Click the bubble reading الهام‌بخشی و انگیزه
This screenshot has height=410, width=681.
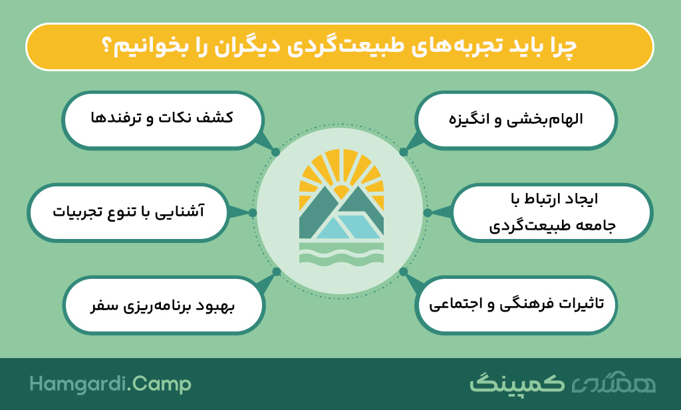tap(515, 120)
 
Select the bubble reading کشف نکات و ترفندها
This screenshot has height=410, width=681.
tap(162, 120)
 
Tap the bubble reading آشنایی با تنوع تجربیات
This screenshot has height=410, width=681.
tap(128, 212)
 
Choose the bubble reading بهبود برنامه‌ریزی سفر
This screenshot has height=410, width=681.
tap(164, 306)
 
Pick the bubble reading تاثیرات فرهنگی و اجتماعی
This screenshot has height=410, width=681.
tap(515, 306)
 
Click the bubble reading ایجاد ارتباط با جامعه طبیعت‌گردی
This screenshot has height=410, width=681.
tap(551, 212)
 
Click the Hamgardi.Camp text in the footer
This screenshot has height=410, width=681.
tap(110, 384)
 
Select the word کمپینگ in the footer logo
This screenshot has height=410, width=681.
tap(517, 383)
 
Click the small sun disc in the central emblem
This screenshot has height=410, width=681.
tap(341, 192)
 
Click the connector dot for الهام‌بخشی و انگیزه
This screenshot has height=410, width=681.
tap(404, 152)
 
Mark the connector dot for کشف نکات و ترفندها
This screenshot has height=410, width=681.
tap(275, 152)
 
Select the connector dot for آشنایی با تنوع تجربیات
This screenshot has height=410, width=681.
tap(252, 212)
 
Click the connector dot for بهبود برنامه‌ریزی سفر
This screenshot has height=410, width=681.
tap(277, 272)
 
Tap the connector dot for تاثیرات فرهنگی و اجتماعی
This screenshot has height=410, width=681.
tap(404, 272)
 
